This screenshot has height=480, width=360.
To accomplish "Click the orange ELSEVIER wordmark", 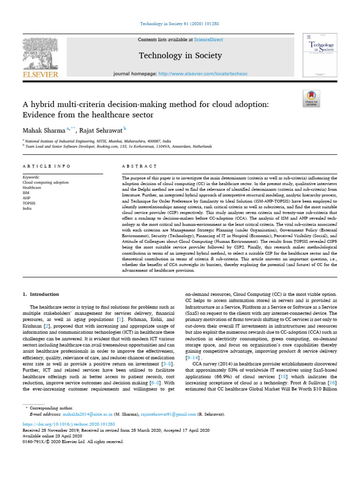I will click(40, 74).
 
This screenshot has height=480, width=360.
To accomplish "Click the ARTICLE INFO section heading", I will click(46, 166).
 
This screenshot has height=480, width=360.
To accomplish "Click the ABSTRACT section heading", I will click(139, 166).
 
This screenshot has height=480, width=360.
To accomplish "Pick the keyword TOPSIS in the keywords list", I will click(30, 203).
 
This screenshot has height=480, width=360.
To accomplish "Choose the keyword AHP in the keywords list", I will click(27, 198).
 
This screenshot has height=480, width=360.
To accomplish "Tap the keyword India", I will click(27, 208).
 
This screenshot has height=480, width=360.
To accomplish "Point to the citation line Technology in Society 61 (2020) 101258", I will click(180, 23).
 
